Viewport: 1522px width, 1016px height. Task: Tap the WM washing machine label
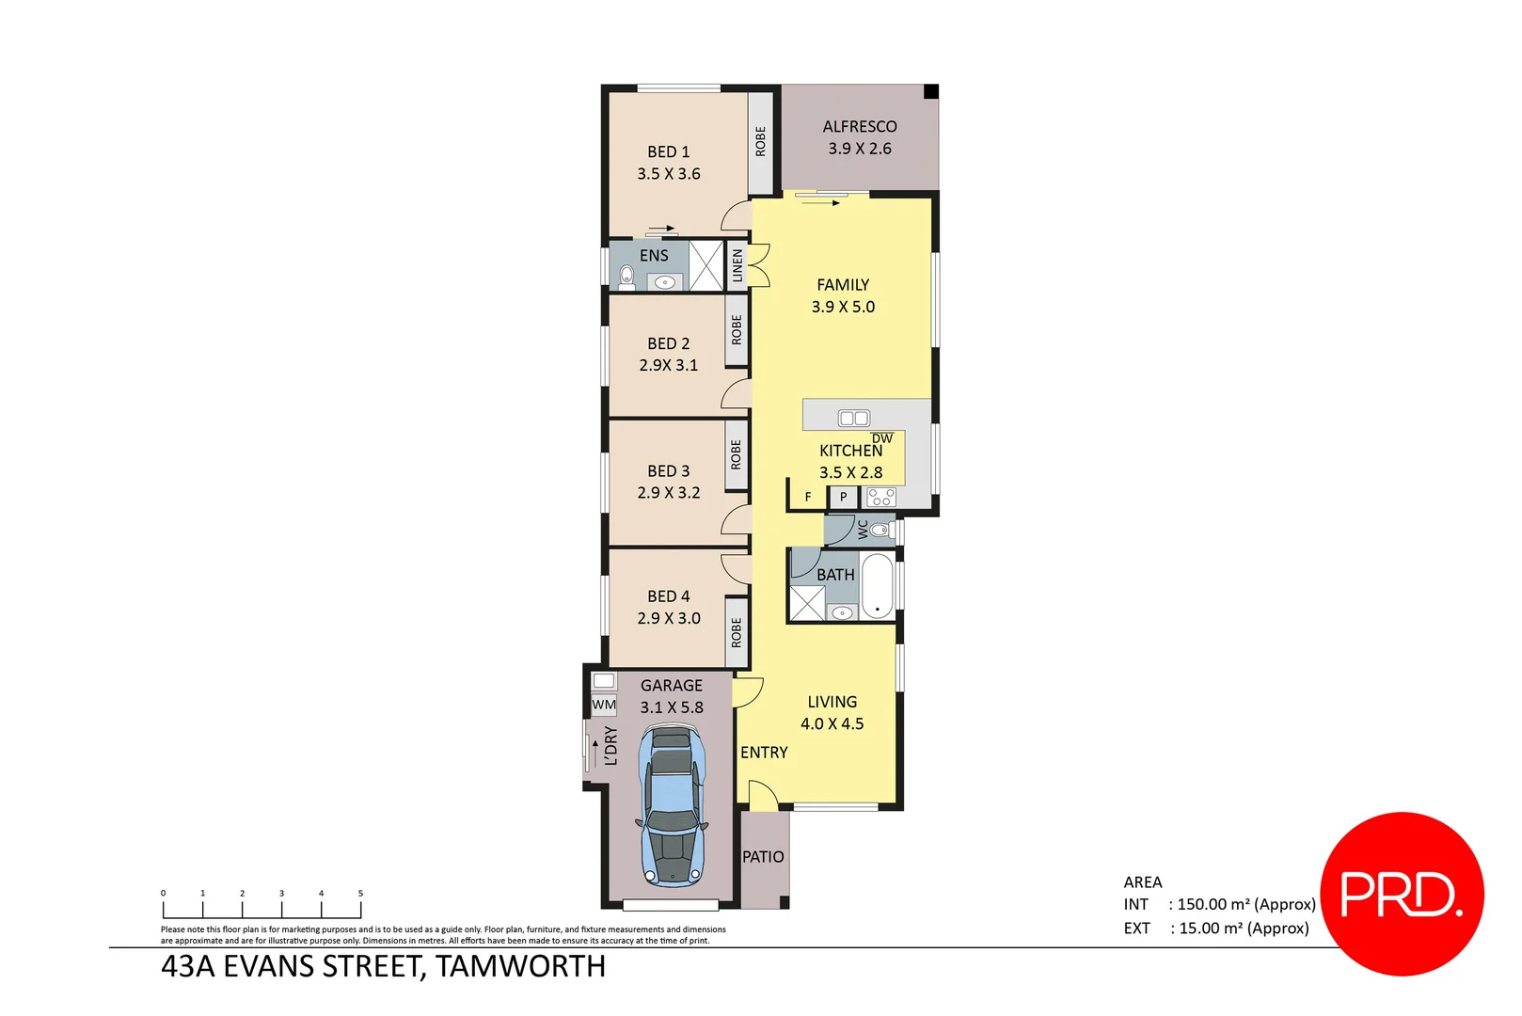[604, 705]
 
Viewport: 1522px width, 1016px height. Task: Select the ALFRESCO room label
[859, 127]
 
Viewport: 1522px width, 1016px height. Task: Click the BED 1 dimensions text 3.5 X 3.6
[668, 174]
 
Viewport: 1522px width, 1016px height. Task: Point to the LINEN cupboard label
[737, 266]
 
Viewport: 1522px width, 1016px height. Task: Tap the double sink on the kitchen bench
[853, 418]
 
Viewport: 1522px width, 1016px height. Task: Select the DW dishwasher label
[881, 438]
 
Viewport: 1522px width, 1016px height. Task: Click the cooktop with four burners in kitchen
[880, 497]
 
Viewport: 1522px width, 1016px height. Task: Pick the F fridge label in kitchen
[807, 497]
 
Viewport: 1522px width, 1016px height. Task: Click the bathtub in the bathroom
[877, 586]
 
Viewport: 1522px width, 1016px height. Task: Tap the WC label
[863, 530]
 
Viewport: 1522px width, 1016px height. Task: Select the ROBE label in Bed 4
[737, 632]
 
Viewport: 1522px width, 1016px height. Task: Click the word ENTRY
[764, 753]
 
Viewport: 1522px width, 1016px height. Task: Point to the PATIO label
[763, 857]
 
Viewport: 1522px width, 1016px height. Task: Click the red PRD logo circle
[1402, 894]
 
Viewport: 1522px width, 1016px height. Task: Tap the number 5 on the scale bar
[360, 894]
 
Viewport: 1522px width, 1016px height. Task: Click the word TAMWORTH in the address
[520, 966]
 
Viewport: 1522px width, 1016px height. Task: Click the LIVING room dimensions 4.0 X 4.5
[832, 723]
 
